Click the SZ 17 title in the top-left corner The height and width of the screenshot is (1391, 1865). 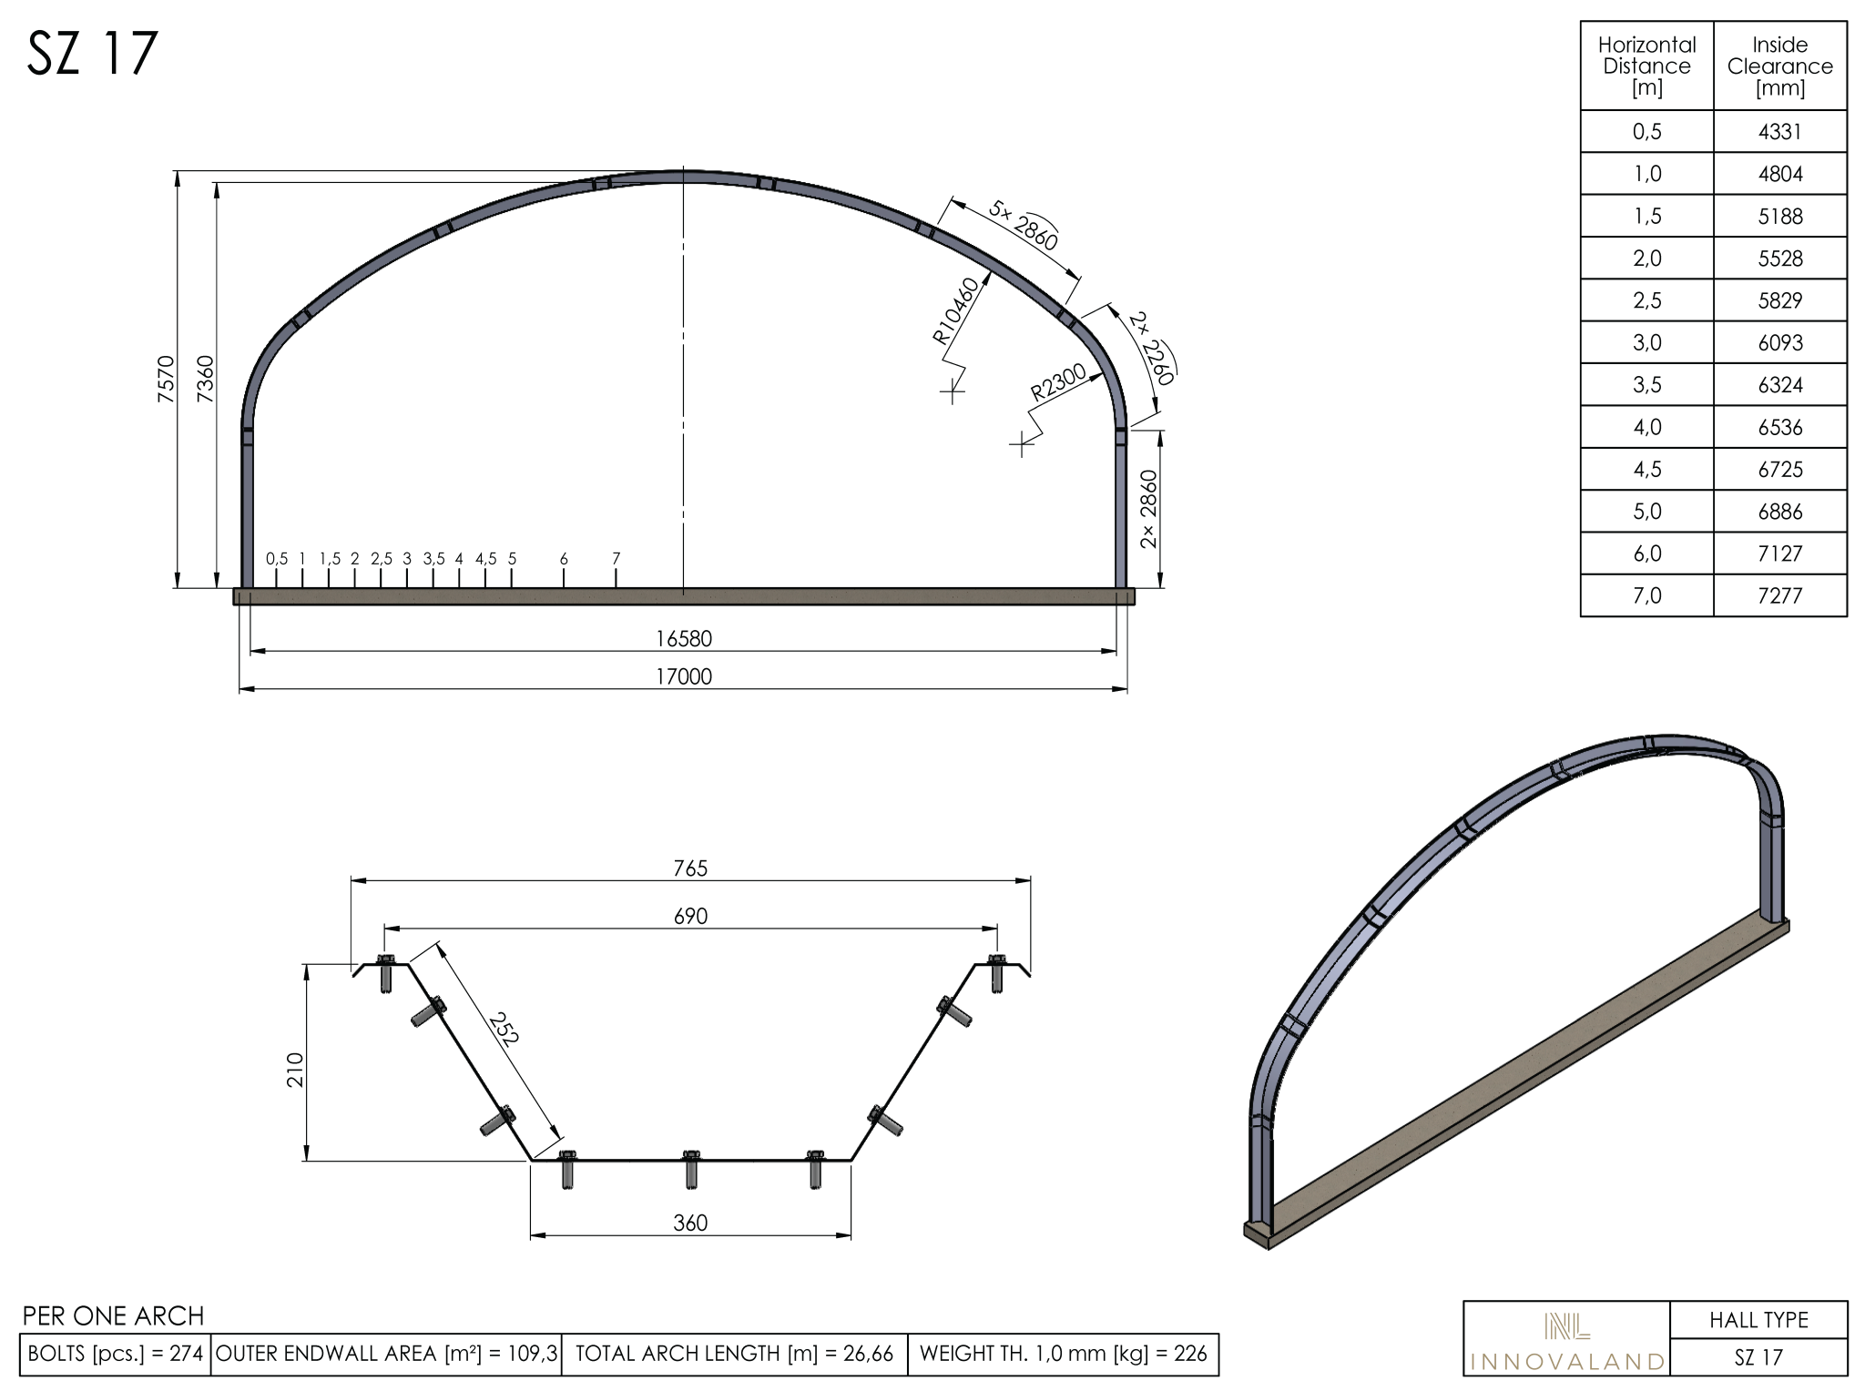point(93,54)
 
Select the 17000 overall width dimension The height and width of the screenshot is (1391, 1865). point(684,676)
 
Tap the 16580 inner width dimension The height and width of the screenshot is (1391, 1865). point(684,638)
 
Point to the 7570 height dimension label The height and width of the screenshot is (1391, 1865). point(165,379)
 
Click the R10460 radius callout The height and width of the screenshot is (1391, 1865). point(956,311)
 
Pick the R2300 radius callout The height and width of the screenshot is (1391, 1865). point(1058,382)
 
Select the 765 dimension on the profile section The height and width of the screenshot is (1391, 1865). point(690,868)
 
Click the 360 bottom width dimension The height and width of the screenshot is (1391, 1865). point(690,1223)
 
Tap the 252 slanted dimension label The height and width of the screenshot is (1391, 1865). point(503,1029)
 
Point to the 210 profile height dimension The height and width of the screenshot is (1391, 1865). point(295,1070)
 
